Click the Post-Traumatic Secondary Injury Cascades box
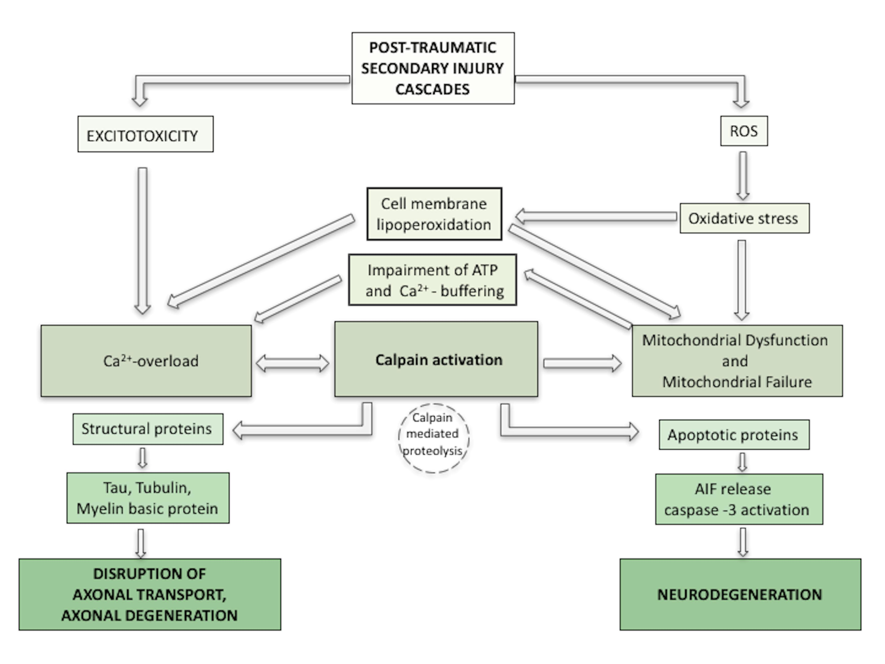click(x=433, y=68)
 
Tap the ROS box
click(x=744, y=131)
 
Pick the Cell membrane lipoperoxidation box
click(x=434, y=214)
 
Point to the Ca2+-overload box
click(x=146, y=361)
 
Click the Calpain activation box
click(x=436, y=359)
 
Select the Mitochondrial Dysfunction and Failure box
click(x=737, y=361)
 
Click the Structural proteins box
click(x=148, y=429)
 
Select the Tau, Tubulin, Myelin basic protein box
click(x=148, y=498)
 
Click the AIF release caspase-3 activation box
click(x=739, y=499)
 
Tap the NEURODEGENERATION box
click(x=740, y=594)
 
